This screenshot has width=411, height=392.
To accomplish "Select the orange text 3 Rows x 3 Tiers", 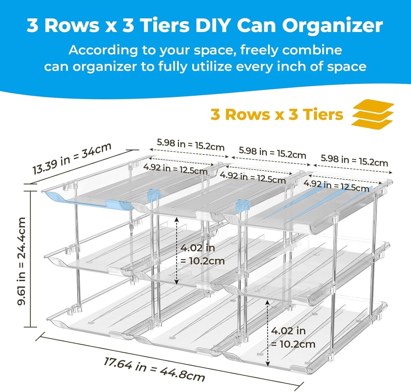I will [x=277, y=115].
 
